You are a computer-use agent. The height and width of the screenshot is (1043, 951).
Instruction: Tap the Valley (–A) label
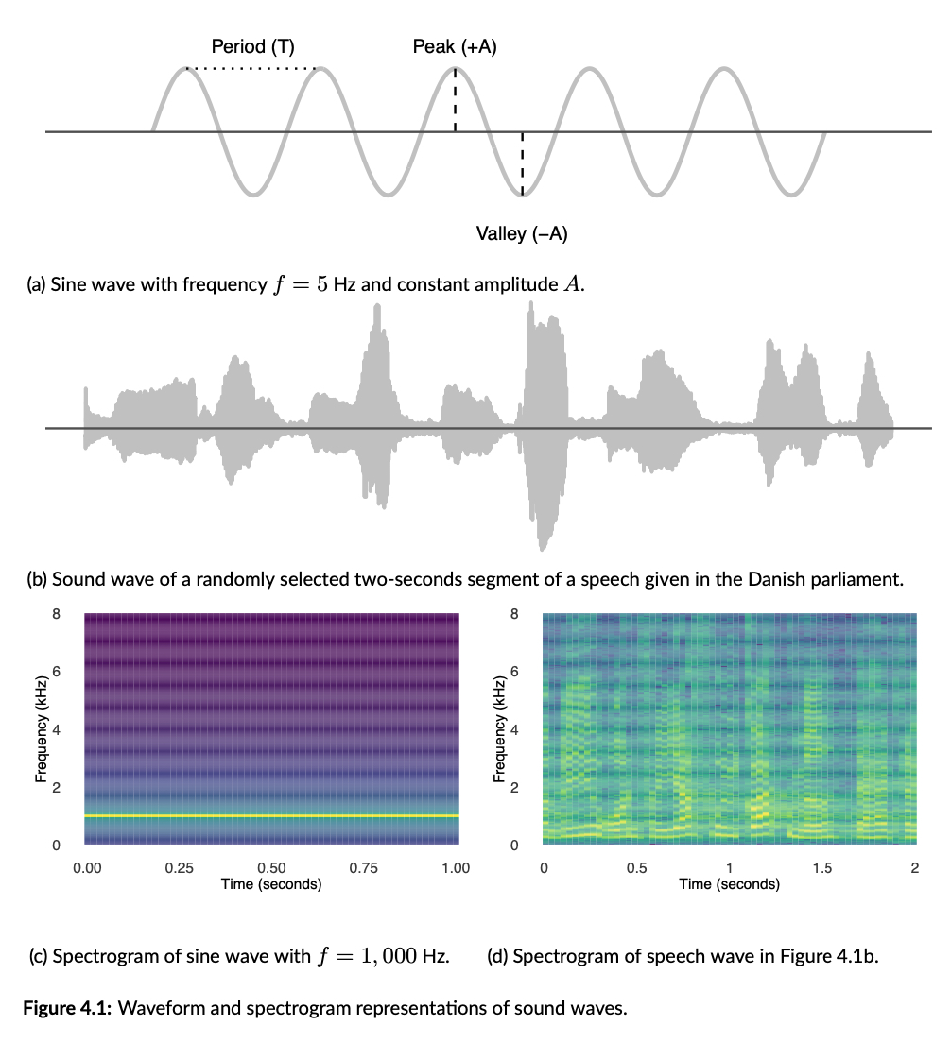(522, 233)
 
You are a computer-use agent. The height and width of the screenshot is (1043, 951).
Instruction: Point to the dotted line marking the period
(253, 69)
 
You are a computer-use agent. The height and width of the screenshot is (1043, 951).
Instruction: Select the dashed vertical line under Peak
(456, 99)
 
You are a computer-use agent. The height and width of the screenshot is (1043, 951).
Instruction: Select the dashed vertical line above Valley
(523, 164)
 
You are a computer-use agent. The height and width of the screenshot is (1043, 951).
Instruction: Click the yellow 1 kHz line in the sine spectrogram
(271, 815)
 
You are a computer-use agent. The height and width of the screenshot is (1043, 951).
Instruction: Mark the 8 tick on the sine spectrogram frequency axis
(57, 614)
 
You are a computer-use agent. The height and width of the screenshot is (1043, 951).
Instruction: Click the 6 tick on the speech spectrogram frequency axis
(515, 672)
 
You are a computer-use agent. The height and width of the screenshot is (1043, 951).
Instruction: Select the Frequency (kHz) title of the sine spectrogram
(40, 728)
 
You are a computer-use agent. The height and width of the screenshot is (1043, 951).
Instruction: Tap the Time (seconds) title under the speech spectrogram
(729, 884)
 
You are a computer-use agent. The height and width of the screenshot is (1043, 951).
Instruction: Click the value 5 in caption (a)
(321, 284)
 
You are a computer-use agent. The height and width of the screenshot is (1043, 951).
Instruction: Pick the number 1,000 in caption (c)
(389, 956)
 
